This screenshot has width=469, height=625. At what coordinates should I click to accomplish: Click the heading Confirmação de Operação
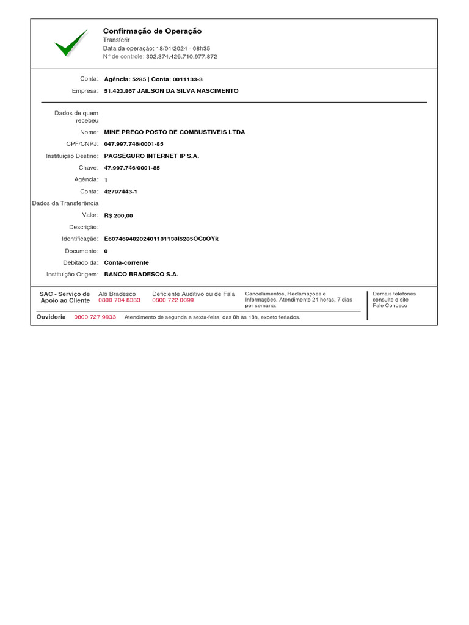coord(152,31)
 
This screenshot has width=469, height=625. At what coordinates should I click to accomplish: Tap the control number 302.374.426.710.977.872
coord(181,56)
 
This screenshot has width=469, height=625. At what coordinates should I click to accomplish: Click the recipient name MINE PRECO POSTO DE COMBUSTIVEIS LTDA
coord(175,132)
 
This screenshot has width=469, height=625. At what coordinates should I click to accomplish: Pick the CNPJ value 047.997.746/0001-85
coord(134,144)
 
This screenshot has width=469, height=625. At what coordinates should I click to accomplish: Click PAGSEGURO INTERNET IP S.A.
coord(151,156)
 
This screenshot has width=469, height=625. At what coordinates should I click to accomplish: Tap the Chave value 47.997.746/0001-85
coord(132,168)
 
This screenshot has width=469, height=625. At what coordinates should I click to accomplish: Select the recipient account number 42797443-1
coord(121,192)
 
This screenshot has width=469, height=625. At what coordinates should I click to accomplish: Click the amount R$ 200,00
coord(118,215)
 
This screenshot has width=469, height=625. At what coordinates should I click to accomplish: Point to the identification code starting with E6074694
coord(161,239)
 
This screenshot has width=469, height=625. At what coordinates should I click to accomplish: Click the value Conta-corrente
coord(126,262)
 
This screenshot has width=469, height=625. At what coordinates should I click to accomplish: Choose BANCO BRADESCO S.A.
coord(141,275)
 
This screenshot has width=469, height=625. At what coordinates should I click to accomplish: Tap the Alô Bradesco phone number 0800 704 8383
coord(119,300)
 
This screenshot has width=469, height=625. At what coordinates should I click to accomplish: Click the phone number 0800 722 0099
coord(173,300)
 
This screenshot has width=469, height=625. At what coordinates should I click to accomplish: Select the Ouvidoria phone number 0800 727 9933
coord(95,317)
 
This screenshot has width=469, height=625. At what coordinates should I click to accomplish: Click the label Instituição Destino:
coord(72,156)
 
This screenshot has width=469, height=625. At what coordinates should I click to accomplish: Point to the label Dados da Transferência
coord(65,203)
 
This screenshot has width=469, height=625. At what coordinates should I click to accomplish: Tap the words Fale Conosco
coord(390,306)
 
